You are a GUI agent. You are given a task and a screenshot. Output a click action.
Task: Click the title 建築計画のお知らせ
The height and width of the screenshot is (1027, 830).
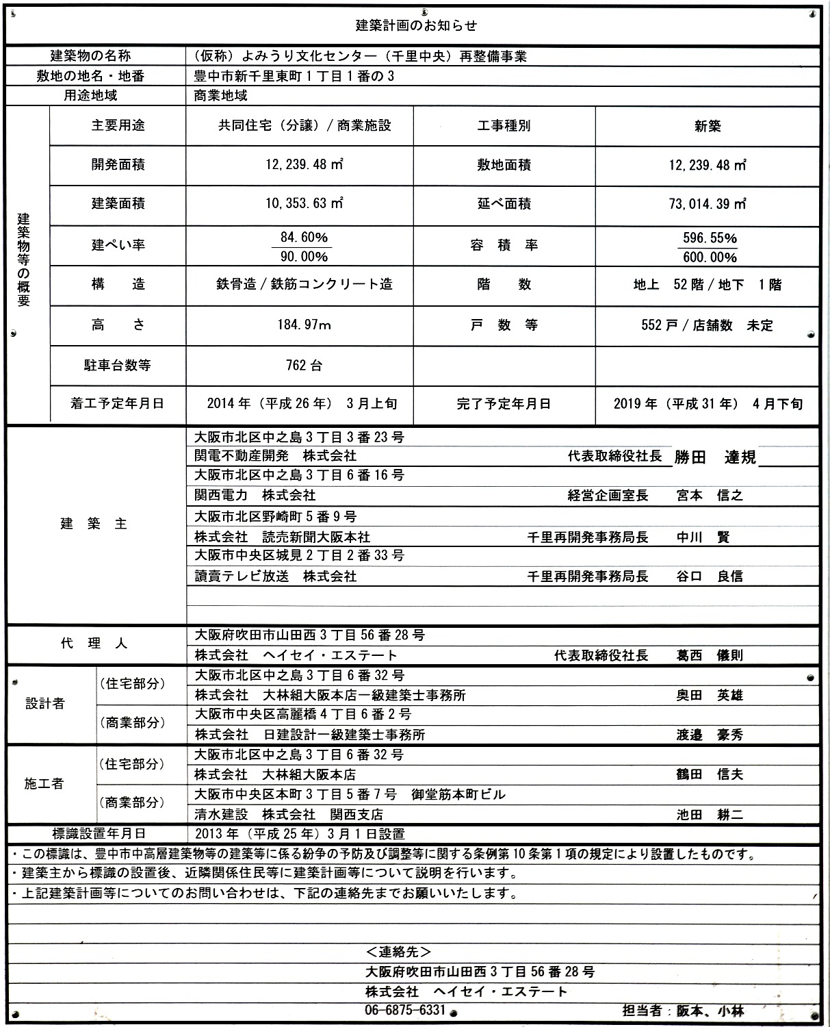pos(416,26)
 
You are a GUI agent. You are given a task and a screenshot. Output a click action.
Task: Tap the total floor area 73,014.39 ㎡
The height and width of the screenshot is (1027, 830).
pos(708,205)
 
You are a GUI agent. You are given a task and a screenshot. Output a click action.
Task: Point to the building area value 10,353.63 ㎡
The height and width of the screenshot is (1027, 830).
pos(304,204)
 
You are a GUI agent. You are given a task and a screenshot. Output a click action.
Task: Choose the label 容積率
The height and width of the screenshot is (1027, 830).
pos(504,246)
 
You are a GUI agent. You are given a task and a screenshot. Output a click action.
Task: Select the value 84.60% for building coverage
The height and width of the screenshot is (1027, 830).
pos(304,238)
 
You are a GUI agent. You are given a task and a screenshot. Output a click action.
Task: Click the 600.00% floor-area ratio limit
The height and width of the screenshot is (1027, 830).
pos(710,257)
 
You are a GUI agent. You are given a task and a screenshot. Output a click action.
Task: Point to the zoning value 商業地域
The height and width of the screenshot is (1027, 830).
pos(221,96)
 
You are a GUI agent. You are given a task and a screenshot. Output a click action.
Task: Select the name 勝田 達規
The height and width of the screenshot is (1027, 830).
pos(715,457)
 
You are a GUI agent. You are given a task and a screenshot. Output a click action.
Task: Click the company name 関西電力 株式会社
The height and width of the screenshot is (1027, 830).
pos(255,495)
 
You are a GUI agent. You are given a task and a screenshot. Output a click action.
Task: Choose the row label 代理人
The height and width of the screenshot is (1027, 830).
pos(94,644)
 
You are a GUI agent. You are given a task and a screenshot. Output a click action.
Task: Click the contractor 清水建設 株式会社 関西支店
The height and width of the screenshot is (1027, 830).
pos(289,815)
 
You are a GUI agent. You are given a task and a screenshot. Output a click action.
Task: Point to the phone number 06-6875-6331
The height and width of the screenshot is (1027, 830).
pos(405,1011)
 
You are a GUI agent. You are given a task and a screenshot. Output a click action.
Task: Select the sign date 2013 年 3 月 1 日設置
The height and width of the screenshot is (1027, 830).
pos(300,835)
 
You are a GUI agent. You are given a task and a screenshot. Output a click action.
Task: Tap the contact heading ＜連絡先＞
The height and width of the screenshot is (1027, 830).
pos(398,952)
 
